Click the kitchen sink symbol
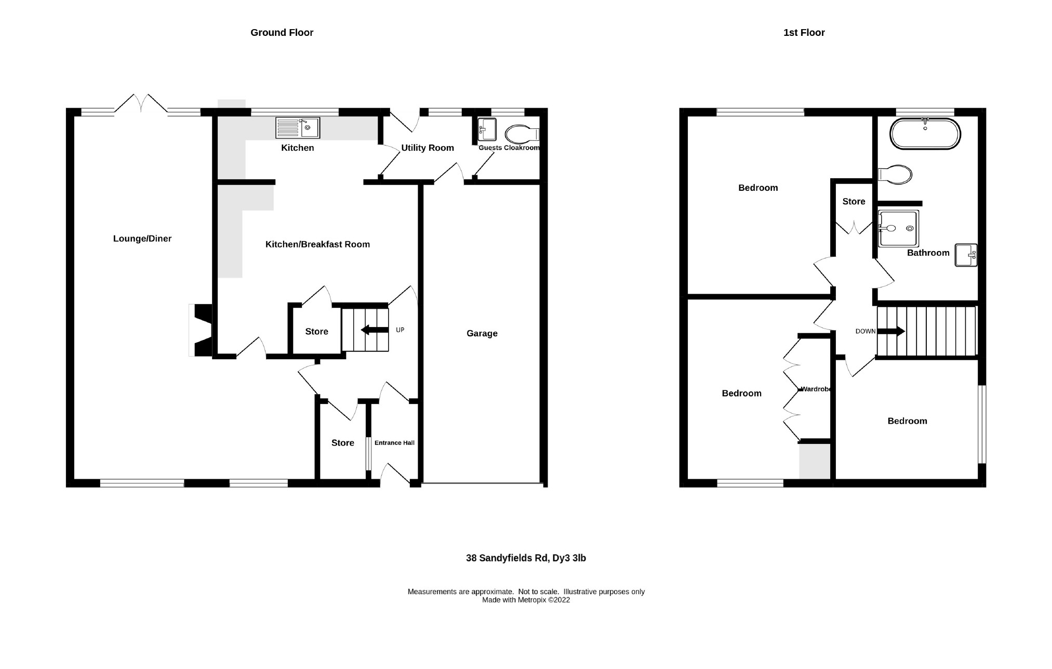click(298, 128)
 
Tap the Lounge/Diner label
click(142, 239)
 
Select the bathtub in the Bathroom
click(925, 134)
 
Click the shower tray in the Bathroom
click(898, 228)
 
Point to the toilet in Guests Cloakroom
click(522, 134)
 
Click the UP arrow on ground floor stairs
click(374, 330)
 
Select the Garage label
click(482, 334)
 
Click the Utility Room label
click(428, 148)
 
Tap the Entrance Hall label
click(394, 443)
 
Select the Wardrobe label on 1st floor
click(816, 389)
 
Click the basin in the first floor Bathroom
click(966, 255)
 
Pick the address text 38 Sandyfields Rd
click(526, 558)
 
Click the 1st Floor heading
click(804, 33)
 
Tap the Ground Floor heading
click(282, 33)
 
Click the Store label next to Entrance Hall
click(343, 443)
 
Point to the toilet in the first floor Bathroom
click(895, 175)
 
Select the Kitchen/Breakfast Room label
click(317, 244)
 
